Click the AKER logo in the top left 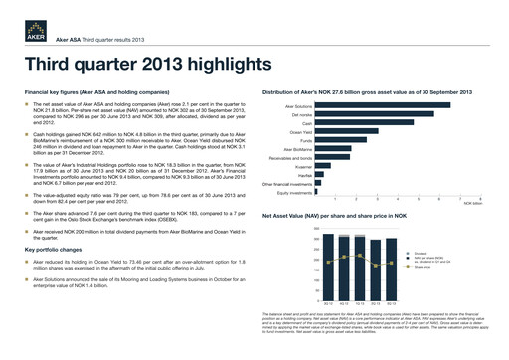[19, 28]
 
